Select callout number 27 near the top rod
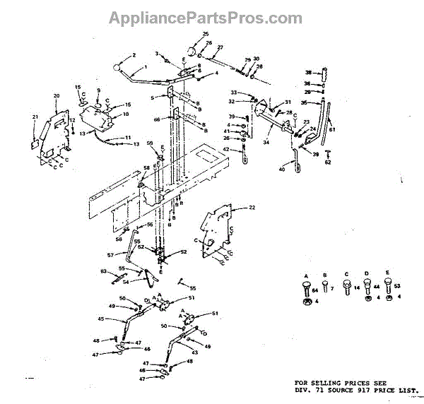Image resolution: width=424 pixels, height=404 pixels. tap(220, 47)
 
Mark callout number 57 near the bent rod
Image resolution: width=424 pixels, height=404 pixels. tap(110, 254)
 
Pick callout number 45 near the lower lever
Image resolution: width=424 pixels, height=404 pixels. tap(101, 319)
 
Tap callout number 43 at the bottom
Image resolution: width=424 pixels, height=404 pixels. tap(195, 352)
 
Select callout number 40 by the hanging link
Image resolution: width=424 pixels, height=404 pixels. tap(283, 170)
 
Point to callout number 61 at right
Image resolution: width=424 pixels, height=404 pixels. tap(332, 130)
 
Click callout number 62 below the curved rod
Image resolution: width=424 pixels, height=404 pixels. tap(327, 162)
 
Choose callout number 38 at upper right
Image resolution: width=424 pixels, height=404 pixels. tap(307, 72)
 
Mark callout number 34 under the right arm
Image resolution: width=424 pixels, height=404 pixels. tap(267, 142)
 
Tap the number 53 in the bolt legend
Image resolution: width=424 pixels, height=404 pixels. tap(397, 286)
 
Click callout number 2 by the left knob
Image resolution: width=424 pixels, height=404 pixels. tap(134, 55)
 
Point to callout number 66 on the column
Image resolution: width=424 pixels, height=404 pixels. tap(156, 120)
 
